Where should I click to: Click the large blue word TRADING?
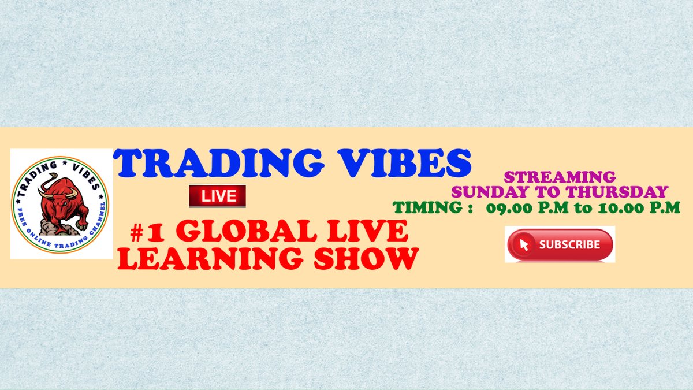(x=219, y=163)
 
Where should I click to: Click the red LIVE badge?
(x=218, y=196)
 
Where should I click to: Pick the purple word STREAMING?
(x=560, y=177)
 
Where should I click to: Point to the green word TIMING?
(x=428, y=207)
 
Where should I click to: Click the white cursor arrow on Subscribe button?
(x=524, y=244)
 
